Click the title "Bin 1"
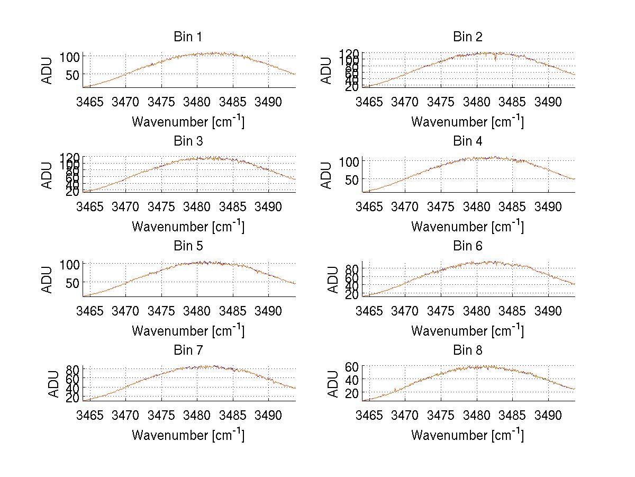pos(187,37)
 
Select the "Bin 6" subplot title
pos(467,246)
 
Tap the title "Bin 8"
pos(467,350)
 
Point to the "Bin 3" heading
pos(187,141)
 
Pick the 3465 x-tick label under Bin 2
pos(369,102)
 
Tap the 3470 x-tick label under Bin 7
pos(125,415)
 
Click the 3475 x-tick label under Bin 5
pos(161,311)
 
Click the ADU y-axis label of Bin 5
pos(48,280)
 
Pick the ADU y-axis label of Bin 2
pos(327,70)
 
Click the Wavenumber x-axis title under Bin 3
pos(188,226)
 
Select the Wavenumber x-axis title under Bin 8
pos(467,435)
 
